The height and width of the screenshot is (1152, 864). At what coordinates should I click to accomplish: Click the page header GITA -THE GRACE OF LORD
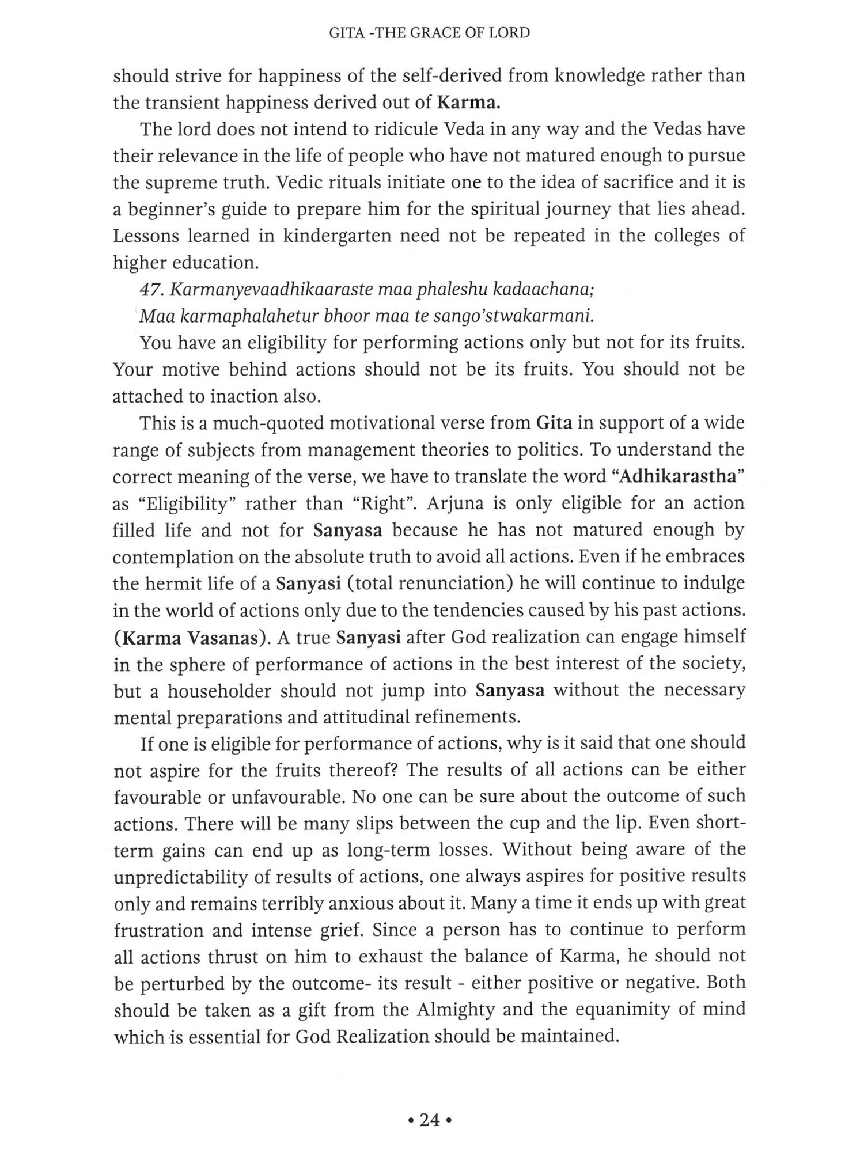point(429,33)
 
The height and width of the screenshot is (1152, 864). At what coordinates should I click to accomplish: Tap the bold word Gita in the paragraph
point(554,423)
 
